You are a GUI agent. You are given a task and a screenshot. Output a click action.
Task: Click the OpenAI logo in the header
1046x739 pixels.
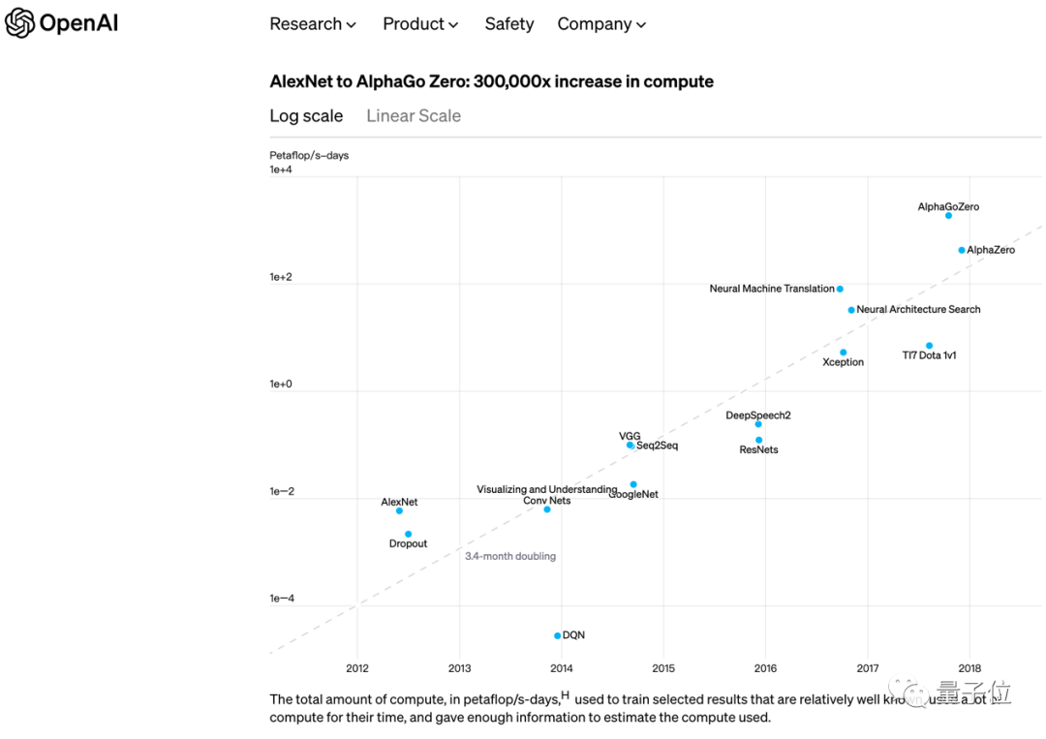coord(62,23)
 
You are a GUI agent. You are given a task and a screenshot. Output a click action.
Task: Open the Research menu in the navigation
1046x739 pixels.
coord(313,24)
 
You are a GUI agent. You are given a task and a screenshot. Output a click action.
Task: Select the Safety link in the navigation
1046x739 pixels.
coord(509,24)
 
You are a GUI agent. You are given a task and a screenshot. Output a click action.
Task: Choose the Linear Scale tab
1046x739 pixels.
coord(414,116)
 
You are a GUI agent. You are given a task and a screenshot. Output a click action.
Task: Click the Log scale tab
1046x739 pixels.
coord(306,116)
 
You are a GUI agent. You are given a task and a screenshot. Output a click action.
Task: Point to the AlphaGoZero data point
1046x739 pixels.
coord(949,216)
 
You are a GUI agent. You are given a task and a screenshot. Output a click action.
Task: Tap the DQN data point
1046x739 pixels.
coord(558,636)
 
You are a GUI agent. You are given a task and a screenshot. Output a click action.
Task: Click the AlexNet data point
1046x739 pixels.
coord(399,511)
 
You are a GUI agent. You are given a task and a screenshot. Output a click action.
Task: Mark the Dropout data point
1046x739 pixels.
coord(409,535)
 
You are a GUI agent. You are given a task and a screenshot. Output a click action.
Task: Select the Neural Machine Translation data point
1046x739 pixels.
coord(840,290)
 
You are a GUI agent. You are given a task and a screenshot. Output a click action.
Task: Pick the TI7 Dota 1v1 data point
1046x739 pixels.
coord(929,346)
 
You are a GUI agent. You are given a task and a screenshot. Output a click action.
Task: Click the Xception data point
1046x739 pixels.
coord(844,353)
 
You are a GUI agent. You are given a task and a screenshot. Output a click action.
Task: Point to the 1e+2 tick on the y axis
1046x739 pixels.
coord(281,278)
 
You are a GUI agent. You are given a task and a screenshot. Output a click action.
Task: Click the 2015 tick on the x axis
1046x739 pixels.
coord(663,668)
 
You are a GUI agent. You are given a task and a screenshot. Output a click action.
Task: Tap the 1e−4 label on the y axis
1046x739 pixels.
coord(281,599)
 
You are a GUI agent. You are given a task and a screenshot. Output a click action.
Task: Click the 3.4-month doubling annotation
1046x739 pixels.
coord(510,557)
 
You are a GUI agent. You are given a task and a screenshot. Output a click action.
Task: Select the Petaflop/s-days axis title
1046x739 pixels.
coord(309,156)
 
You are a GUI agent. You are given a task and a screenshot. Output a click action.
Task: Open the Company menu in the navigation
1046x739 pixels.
coord(601,24)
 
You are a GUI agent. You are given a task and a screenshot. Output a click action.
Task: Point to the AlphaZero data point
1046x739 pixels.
coord(962,251)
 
